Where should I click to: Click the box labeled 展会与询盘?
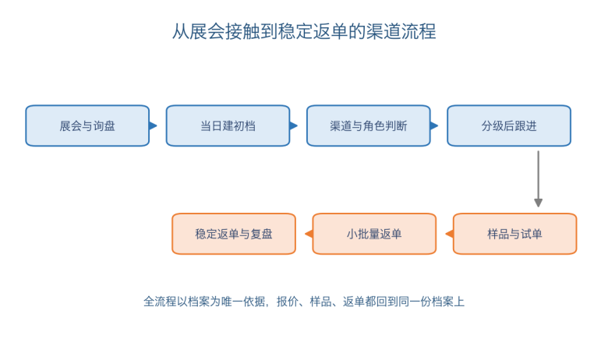[x=87, y=125]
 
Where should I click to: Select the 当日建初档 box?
[x=228, y=125]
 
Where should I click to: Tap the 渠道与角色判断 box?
[x=369, y=125]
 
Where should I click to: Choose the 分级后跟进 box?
[x=509, y=125]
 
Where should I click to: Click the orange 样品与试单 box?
[x=515, y=234]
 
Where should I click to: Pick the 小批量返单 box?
[x=374, y=234]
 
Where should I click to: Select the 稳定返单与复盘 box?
[x=234, y=234]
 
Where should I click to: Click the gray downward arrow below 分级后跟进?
[x=538, y=179]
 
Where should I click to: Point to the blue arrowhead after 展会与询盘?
[x=153, y=125]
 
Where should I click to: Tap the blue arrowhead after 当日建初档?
[x=294, y=125]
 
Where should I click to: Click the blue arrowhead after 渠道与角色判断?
[x=434, y=125]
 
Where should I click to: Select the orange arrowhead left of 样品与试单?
[x=450, y=234]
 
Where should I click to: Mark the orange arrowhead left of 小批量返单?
[x=309, y=234]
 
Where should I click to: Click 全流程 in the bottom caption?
[x=160, y=302]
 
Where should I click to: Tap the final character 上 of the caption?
[x=459, y=302]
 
